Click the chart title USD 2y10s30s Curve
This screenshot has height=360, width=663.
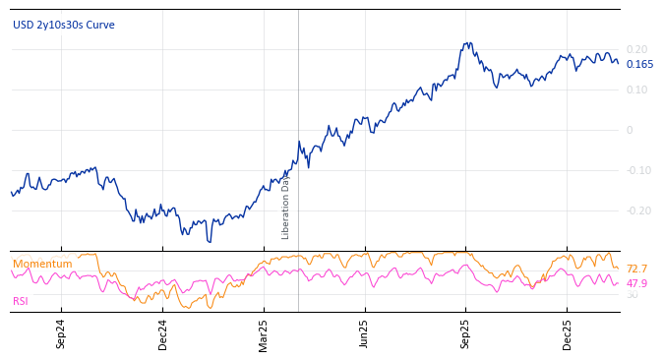click(x=64, y=26)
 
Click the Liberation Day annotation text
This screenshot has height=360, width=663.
click(x=286, y=206)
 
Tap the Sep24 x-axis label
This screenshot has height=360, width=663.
click(x=61, y=333)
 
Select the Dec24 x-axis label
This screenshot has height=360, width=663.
click(x=162, y=333)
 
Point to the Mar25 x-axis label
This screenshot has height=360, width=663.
click(x=264, y=333)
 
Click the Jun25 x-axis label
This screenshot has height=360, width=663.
click(x=364, y=333)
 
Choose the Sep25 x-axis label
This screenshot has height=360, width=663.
click(x=465, y=333)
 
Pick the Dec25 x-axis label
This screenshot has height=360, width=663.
click(x=567, y=333)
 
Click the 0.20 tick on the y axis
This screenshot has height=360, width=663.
click(x=636, y=49)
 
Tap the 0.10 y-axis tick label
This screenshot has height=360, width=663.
click(x=636, y=90)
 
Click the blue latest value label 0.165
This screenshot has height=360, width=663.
click(x=639, y=65)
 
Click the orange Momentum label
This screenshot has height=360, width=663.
click(x=42, y=264)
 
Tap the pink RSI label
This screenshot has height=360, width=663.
click(x=21, y=301)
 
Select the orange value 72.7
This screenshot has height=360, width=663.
click(x=636, y=270)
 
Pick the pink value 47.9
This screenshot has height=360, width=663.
click(x=636, y=283)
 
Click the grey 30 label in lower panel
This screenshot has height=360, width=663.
click(x=632, y=295)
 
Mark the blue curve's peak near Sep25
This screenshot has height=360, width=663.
click(x=469, y=43)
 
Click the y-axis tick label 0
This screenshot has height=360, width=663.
click(x=630, y=130)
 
